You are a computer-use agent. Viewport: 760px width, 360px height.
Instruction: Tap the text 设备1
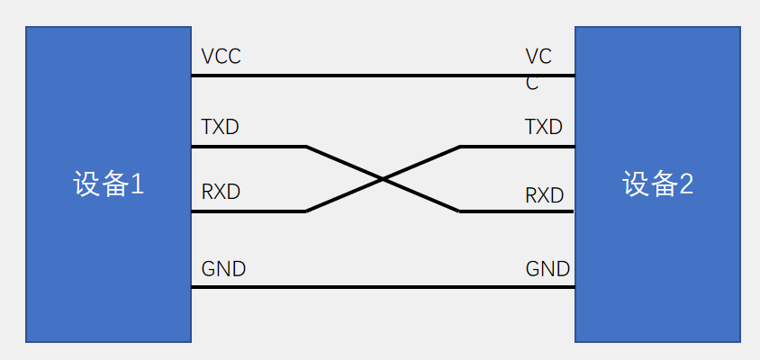click(108, 184)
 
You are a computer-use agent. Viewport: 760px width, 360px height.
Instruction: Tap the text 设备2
click(657, 184)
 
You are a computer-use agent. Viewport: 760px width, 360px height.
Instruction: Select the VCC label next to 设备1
click(221, 57)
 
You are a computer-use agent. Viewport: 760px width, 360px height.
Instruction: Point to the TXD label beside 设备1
click(221, 127)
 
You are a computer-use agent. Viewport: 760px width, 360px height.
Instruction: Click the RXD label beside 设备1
click(221, 193)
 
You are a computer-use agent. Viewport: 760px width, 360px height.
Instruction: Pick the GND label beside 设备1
click(223, 269)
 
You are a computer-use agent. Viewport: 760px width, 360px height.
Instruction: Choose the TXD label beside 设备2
click(544, 127)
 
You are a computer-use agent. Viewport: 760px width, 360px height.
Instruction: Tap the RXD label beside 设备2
click(544, 195)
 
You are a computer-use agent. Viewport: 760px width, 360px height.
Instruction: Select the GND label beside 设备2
click(547, 269)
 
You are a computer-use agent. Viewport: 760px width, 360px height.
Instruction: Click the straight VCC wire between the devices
click(383, 76)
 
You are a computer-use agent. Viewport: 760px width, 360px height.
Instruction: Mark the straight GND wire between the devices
click(383, 287)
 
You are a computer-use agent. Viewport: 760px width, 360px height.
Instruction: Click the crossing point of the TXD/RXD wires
click(383, 179)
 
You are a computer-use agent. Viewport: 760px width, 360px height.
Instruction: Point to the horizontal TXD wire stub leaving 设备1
click(248, 147)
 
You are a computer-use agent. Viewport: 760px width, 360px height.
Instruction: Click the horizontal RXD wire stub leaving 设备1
click(248, 211)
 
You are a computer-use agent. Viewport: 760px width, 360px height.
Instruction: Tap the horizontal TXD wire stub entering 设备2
click(518, 147)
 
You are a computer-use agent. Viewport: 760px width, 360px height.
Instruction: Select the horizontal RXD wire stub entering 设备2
click(518, 211)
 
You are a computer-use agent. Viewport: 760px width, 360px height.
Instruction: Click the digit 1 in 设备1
click(138, 184)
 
